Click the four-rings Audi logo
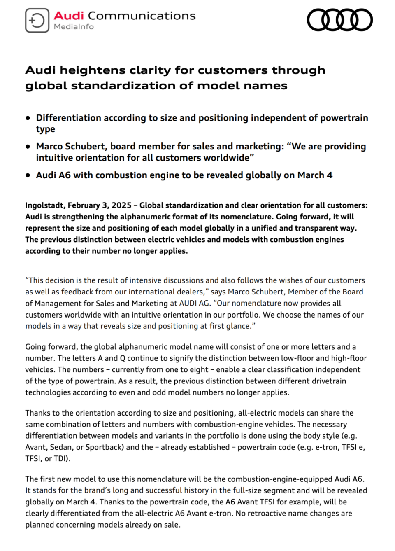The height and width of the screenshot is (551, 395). pyautogui.click(x=340, y=20)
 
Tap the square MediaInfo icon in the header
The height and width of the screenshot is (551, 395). pyautogui.click(x=37, y=20)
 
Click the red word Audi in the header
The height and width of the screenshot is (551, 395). pyautogui.click(x=69, y=16)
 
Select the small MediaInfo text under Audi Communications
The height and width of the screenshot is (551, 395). pyautogui.click(x=74, y=27)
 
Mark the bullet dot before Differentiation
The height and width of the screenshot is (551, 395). pyautogui.click(x=28, y=118)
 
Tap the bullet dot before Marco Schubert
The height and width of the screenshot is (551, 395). pyautogui.click(x=28, y=147)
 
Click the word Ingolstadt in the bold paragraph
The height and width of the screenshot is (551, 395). pyautogui.click(x=44, y=205)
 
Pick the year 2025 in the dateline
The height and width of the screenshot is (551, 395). pyautogui.click(x=121, y=205)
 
